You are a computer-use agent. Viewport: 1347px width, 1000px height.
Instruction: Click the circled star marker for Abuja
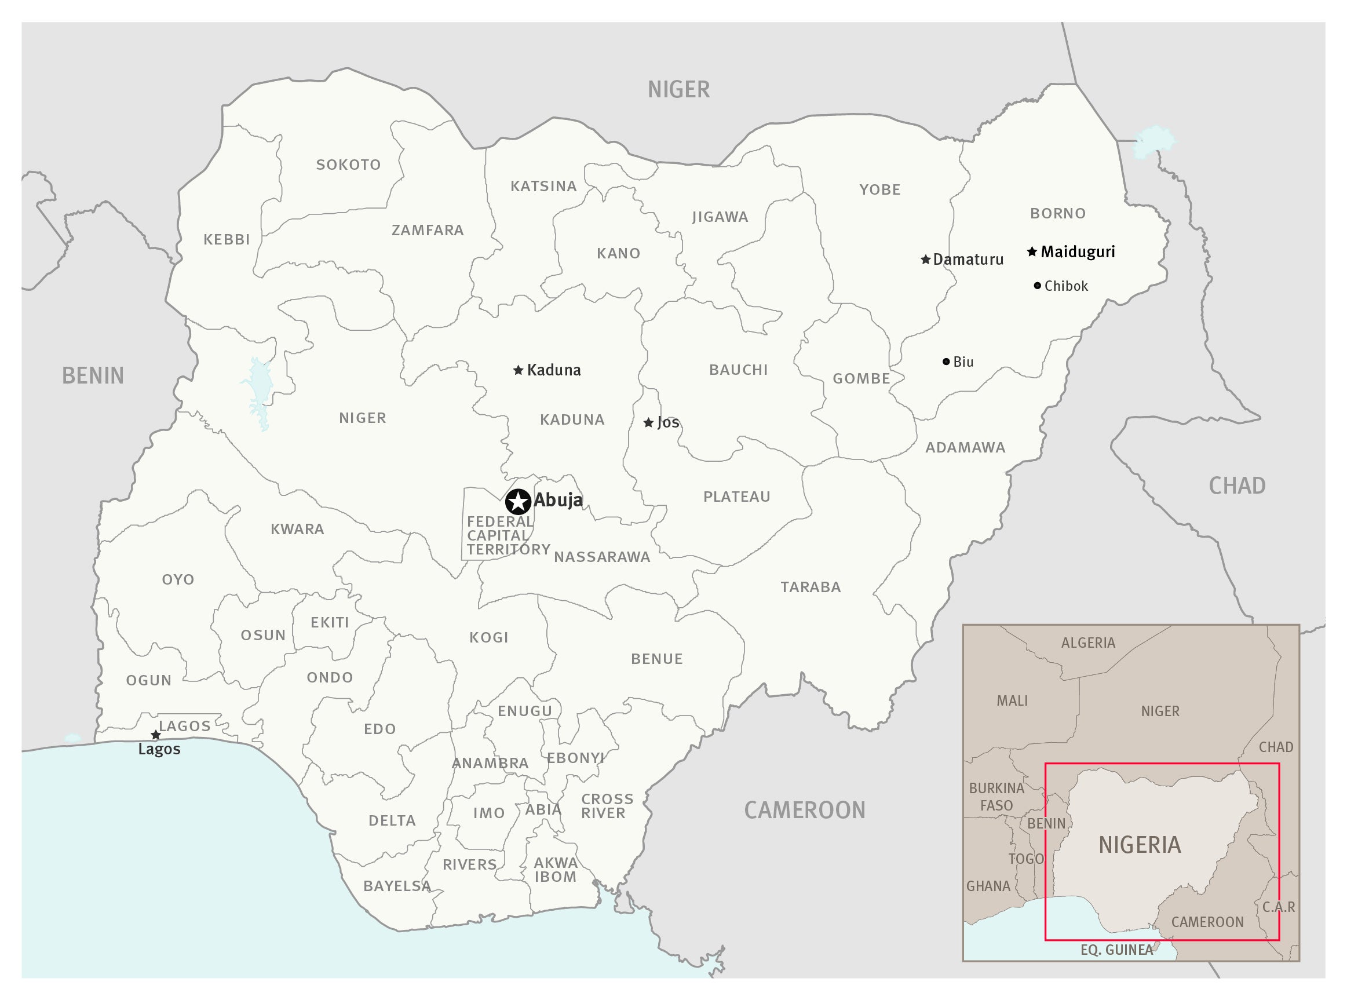pos(518,502)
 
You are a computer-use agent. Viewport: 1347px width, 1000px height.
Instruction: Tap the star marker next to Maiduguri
pos(1032,251)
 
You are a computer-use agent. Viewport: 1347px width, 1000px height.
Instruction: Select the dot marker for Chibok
pos(1038,286)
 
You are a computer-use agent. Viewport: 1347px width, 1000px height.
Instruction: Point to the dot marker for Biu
pos(946,362)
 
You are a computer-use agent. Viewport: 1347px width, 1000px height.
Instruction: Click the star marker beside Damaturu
pos(926,260)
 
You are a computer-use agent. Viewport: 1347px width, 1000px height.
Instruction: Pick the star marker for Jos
pos(648,422)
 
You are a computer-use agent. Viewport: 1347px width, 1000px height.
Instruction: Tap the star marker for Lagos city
pos(156,735)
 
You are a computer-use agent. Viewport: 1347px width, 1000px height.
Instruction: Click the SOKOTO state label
pos(349,165)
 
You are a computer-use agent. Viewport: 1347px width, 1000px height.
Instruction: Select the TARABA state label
pos(811,587)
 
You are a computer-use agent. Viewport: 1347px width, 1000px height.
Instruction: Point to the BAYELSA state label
pos(397,886)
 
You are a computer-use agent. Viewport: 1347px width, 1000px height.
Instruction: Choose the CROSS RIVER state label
pos(607,806)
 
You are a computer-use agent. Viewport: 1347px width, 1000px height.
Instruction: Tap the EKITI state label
pos(330,622)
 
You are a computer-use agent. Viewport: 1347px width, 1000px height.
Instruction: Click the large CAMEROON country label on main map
pos(805,811)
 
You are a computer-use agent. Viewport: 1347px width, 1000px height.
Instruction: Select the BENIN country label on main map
pos(93,376)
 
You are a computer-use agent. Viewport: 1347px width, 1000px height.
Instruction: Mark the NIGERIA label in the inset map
pos(1140,845)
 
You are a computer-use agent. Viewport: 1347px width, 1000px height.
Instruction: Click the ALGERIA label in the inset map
pos(1088,643)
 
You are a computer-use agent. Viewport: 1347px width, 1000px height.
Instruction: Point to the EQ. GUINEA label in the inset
pos(1117,950)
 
